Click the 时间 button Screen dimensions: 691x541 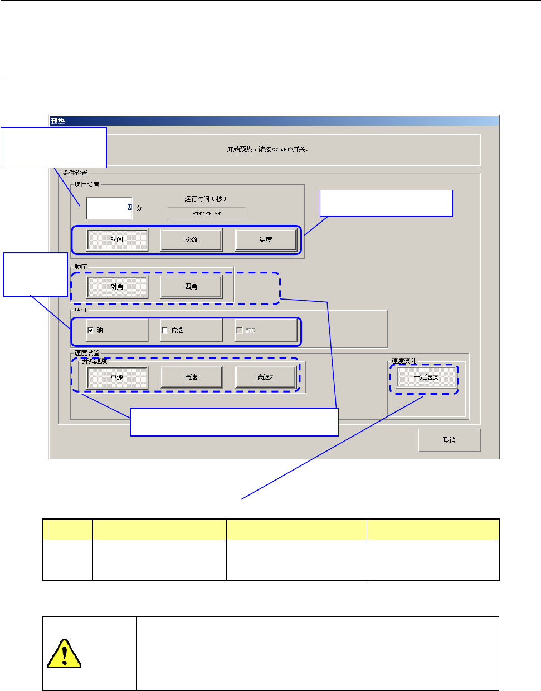tap(117, 240)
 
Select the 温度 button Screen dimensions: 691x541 tap(265, 240)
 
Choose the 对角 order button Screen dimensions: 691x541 tap(117, 287)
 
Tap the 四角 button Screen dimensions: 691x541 tap(191, 287)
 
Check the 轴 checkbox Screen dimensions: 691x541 tap(91, 330)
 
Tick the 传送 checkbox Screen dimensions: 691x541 tap(165, 330)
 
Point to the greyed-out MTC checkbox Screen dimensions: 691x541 tap(240, 330)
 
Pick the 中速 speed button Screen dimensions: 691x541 tap(117, 378)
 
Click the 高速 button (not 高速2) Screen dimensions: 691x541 tap(191, 378)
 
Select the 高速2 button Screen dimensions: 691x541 tap(265, 378)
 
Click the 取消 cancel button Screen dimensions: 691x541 tap(449, 440)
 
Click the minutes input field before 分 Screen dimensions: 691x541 tap(109, 208)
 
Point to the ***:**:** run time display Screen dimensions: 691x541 tap(206, 213)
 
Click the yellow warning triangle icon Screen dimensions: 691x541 tap(64, 654)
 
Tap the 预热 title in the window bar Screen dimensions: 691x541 tap(58, 121)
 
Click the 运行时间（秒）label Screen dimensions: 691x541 tap(206, 199)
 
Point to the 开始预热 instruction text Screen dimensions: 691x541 tap(267, 150)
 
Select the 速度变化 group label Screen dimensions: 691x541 tap(404, 361)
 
